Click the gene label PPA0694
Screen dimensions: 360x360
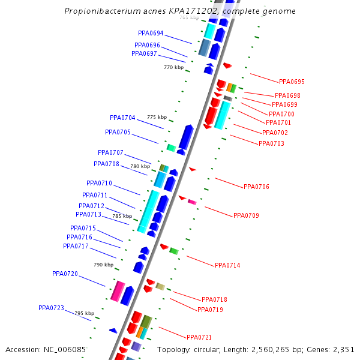point(151,34)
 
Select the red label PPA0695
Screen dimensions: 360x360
point(292,82)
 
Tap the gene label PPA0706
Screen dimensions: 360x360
point(256,187)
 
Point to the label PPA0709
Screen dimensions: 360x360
point(246,215)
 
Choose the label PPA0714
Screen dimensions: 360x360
point(227,265)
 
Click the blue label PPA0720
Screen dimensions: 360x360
point(65,274)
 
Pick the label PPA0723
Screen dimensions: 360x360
point(51,308)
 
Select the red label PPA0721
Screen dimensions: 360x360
point(199,337)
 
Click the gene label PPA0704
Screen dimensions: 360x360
point(122,118)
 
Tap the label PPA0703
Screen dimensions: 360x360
point(271,144)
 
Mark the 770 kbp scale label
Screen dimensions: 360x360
point(173,68)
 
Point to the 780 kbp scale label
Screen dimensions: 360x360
point(140,166)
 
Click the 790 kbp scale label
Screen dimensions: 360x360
point(103,265)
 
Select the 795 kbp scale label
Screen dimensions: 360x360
point(84,313)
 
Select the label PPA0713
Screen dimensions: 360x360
point(88,214)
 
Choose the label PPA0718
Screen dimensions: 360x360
point(214,299)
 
